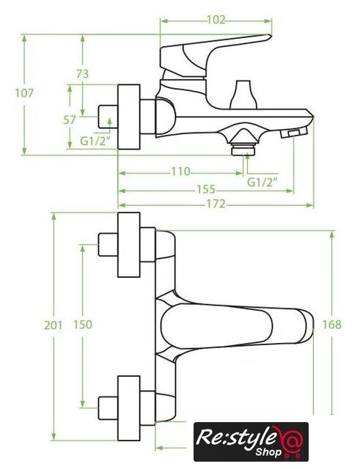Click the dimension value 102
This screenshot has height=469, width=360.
tap(216, 20)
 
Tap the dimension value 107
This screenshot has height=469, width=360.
tap(24, 93)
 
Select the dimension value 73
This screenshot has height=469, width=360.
tap(82, 74)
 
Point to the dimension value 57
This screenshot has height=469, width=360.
tap(70, 120)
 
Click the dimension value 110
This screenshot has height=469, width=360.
tap(181, 171)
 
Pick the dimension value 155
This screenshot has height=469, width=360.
tap(206, 189)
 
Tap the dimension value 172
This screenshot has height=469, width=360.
tap(216, 204)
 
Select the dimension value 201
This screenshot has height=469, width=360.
tap(54, 325)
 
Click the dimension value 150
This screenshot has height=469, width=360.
tap(83, 325)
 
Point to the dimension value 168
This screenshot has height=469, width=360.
tap(332, 325)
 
